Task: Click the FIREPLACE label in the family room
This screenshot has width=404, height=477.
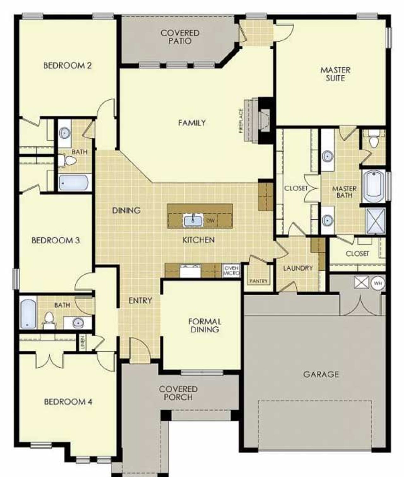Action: pyautogui.click(x=241, y=121)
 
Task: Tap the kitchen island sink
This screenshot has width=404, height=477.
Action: pyautogui.click(x=193, y=221)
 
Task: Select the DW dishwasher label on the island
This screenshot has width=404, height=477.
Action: pyautogui.click(x=210, y=221)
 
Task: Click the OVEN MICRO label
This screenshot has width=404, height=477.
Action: pyautogui.click(x=231, y=271)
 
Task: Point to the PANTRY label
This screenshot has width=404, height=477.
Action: pyautogui.click(x=258, y=281)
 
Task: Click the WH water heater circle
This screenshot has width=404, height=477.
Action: pyautogui.click(x=378, y=283)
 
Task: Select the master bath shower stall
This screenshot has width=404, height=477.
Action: pyautogui.click(x=376, y=221)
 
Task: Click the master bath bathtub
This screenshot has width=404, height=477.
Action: pyautogui.click(x=374, y=186)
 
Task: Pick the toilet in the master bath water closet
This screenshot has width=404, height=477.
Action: pyautogui.click(x=374, y=141)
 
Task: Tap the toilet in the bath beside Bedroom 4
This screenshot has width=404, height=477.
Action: pyautogui.click(x=49, y=318)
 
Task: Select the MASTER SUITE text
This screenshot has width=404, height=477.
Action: pyautogui.click(x=335, y=74)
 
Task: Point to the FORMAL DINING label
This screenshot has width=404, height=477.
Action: pyautogui.click(x=205, y=325)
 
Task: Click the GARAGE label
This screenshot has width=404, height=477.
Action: pyautogui.click(x=321, y=374)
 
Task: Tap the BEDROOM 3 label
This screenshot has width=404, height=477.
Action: pyautogui.click(x=56, y=240)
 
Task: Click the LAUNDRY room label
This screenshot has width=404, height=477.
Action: pyautogui.click(x=298, y=268)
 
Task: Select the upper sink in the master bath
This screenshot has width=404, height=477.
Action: pyautogui.click(x=328, y=155)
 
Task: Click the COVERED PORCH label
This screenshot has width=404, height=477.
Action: pyautogui.click(x=178, y=393)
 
